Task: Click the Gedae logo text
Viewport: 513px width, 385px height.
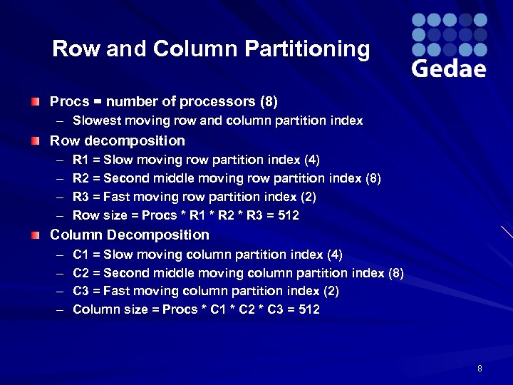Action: pyautogui.click(x=449, y=68)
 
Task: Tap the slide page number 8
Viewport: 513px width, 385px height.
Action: pyautogui.click(x=480, y=369)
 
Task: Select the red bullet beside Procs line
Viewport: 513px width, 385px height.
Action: pyautogui.click(x=35, y=103)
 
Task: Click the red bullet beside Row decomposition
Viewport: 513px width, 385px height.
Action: pyautogui.click(x=35, y=141)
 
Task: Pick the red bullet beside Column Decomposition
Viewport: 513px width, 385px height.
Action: pyautogui.click(x=35, y=235)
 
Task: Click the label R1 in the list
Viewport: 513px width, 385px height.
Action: pyautogui.click(x=81, y=160)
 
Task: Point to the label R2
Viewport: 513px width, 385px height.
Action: pyautogui.click(x=81, y=178)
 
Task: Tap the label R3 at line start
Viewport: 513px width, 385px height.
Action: pyautogui.click(x=81, y=197)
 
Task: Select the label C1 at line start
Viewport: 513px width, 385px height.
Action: pyautogui.click(x=81, y=255)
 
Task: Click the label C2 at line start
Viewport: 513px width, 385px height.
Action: pyautogui.click(x=81, y=273)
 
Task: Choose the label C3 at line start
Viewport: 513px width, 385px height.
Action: pyautogui.click(x=81, y=292)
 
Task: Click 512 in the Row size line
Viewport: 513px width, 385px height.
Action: pyautogui.click(x=289, y=215)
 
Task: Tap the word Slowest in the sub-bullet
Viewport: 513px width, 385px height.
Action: pyautogui.click(x=95, y=121)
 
